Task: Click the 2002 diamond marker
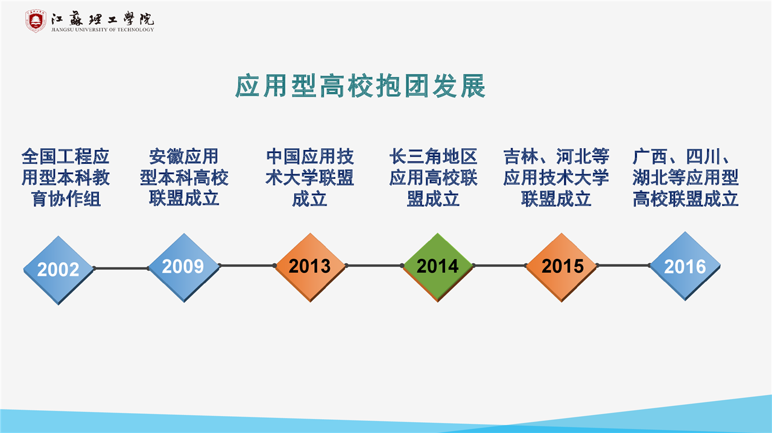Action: (x=59, y=270)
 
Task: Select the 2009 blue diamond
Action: (x=184, y=267)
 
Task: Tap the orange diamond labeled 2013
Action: (x=311, y=267)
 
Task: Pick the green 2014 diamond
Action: (x=438, y=267)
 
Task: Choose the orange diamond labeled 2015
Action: (x=562, y=267)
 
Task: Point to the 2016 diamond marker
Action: (x=685, y=266)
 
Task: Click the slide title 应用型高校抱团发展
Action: (x=361, y=86)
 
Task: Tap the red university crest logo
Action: (x=36, y=21)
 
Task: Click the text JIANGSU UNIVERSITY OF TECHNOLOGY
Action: (x=103, y=30)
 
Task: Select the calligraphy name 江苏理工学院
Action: (x=103, y=19)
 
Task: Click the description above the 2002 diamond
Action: (x=66, y=178)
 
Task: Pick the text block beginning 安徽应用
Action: (x=184, y=177)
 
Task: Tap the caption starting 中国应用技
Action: (x=310, y=178)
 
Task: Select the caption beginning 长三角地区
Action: (x=433, y=178)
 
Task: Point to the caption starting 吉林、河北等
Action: (x=556, y=178)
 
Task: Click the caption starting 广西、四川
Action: (x=686, y=178)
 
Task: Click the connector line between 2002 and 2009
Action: (x=121, y=268)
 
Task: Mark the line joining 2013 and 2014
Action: (x=375, y=266)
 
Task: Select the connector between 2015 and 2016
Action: (x=624, y=266)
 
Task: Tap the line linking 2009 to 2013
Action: (x=247, y=266)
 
